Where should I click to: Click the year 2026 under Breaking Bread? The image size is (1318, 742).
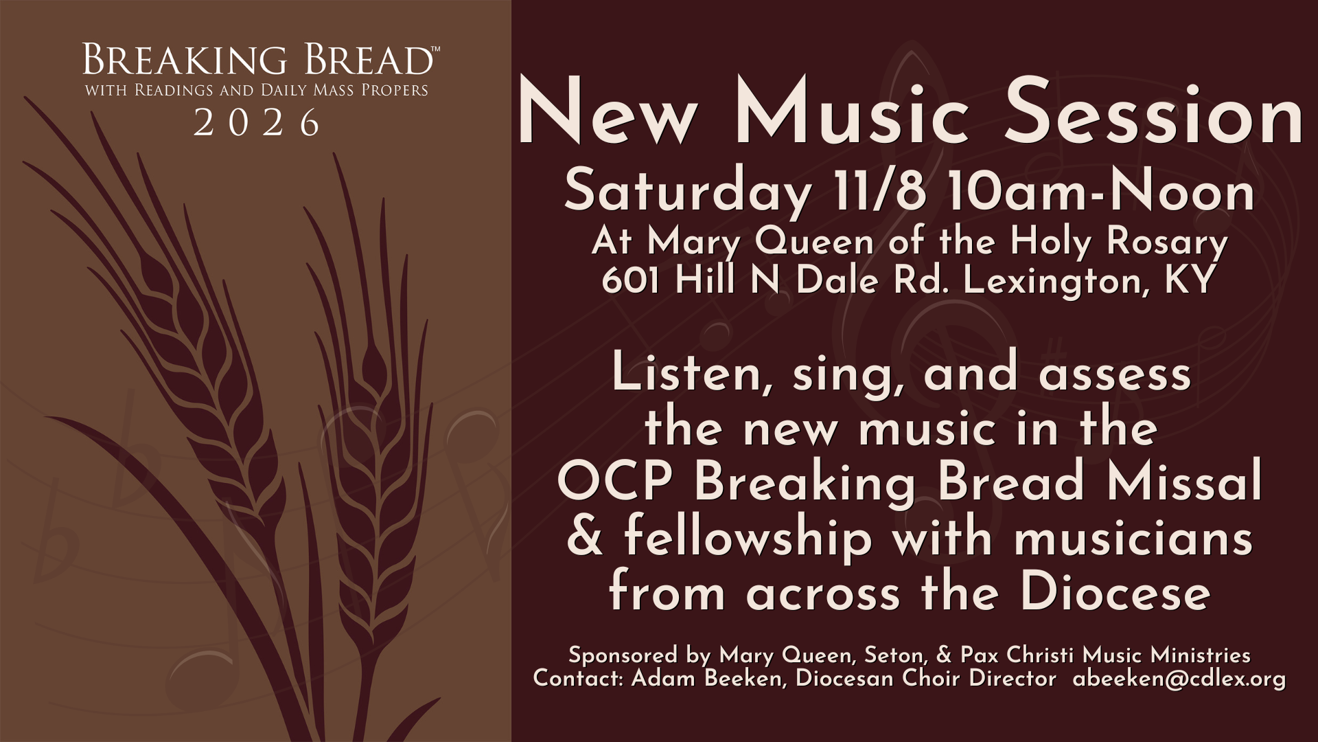[x=257, y=122]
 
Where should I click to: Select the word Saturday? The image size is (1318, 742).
[x=687, y=193]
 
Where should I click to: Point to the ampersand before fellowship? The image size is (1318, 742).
[x=585, y=537]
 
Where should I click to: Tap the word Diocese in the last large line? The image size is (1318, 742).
[x=1115, y=592]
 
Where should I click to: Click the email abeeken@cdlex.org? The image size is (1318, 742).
[x=1179, y=679]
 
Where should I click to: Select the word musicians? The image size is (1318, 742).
[x=1133, y=537]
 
